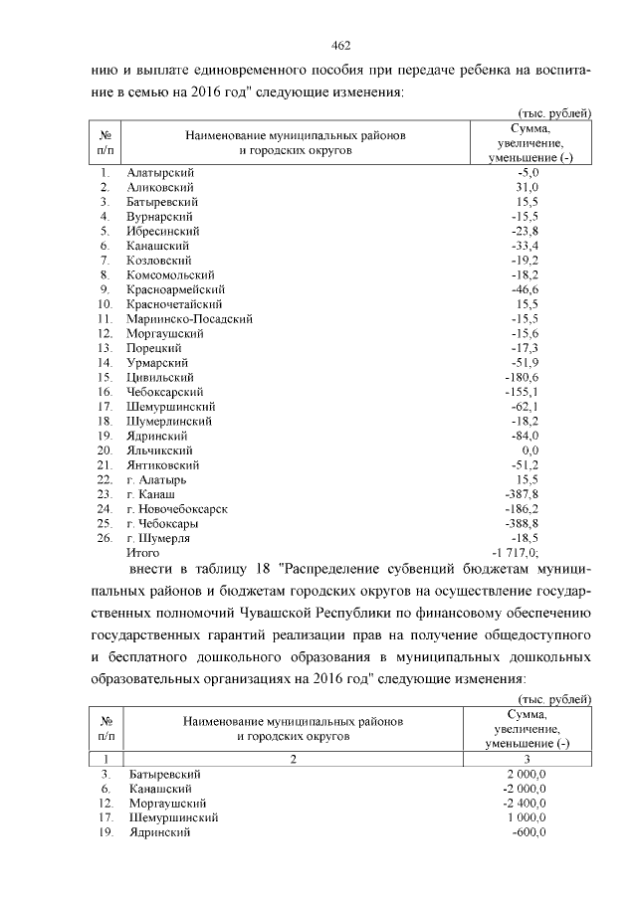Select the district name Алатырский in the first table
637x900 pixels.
click(159, 173)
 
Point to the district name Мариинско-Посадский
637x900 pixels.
click(189, 318)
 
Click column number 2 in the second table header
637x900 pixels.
click(294, 759)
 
